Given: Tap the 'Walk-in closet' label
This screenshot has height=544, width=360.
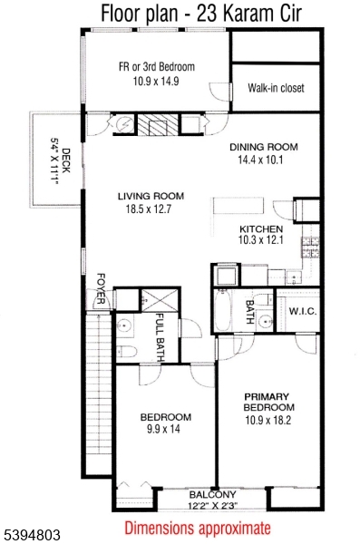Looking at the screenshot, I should click(x=276, y=88).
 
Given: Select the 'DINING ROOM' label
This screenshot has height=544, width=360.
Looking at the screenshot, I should click(x=263, y=147).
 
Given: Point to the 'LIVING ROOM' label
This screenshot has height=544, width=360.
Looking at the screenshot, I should click(x=151, y=196).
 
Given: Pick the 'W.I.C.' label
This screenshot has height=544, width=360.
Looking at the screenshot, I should click(x=300, y=312).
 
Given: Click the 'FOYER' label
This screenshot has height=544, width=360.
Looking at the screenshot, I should click(x=102, y=289).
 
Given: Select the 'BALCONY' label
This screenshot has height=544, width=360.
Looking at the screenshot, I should click(x=211, y=495).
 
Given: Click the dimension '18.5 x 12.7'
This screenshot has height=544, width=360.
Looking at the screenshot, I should click(x=151, y=210).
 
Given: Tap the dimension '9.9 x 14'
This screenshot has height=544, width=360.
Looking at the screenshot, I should click(x=165, y=430).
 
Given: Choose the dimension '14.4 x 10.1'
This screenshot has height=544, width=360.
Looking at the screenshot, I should click(x=263, y=160).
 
